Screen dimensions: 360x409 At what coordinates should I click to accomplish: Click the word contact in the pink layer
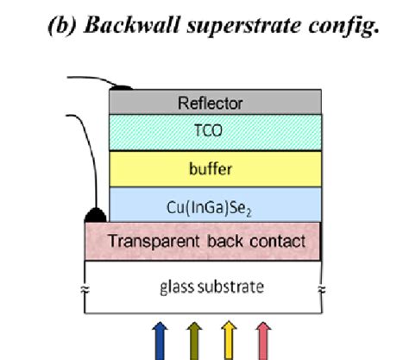click(276, 241)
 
